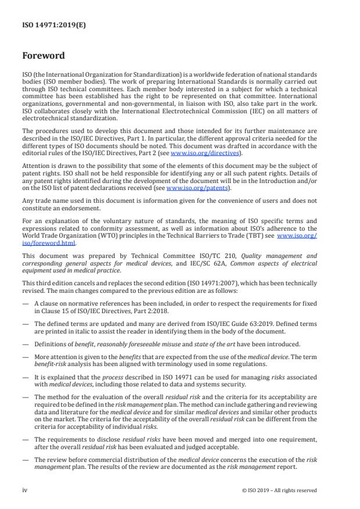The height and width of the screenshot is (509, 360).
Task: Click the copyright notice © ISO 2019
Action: pyautogui.click(x=279, y=490)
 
